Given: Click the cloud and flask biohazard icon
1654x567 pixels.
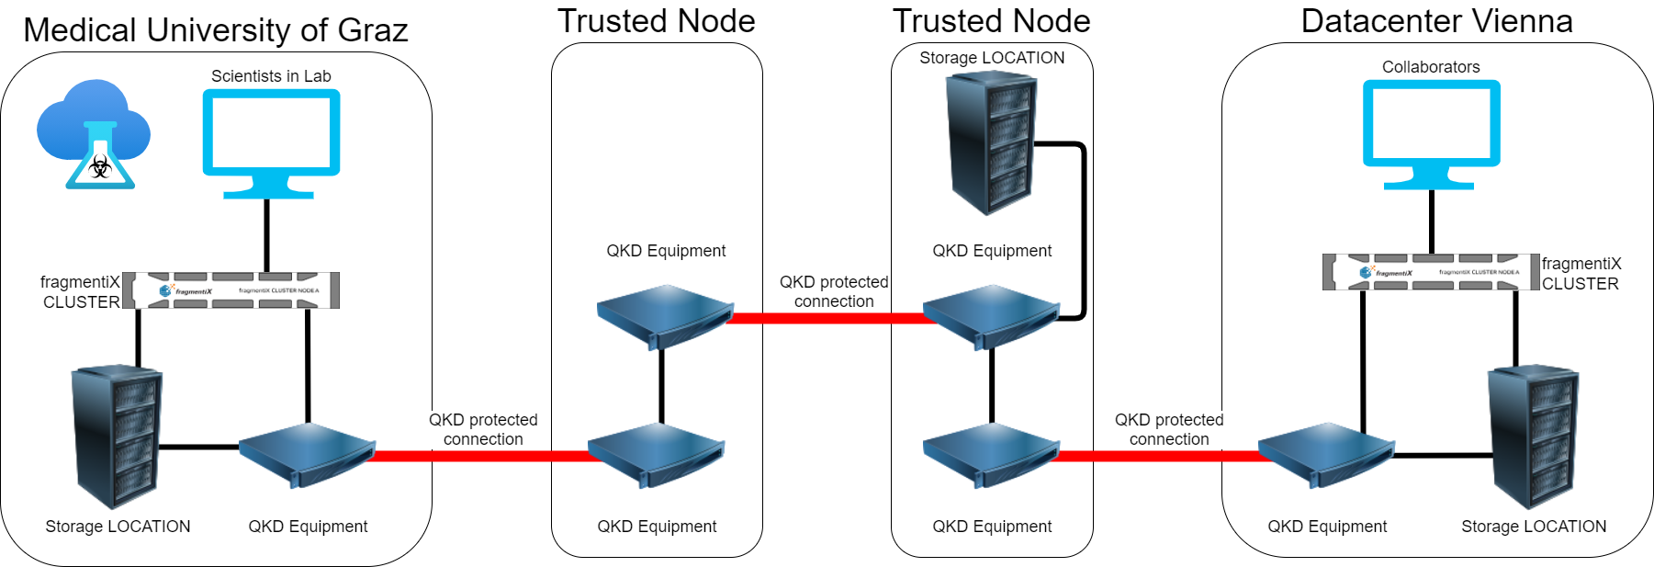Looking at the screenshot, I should pyautogui.click(x=94, y=133).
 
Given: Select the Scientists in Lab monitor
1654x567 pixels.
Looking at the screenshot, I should pyautogui.click(x=271, y=138).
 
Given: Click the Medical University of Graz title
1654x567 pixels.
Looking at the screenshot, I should pyautogui.click(x=215, y=30).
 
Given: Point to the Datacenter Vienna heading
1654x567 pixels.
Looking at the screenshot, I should pyautogui.click(x=1436, y=21).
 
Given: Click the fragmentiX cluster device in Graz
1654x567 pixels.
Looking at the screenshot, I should pyautogui.click(x=231, y=290).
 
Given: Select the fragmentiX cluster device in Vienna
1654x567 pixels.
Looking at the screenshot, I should pyautogui.click(x=1431, y=272).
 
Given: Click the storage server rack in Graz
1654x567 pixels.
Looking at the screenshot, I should pyautogui.click(x=118, y=437).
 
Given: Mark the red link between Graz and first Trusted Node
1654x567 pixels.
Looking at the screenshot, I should pyautogui.click(x=481, y=456).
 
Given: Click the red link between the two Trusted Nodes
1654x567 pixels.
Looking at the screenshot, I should pyautogui.click(x=827, y=318).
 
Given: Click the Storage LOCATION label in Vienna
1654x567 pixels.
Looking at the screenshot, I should pyautogui.click(x=1534, y=527).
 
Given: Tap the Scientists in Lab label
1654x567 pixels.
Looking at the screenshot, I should pyautogui.click(x=271, y=76).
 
